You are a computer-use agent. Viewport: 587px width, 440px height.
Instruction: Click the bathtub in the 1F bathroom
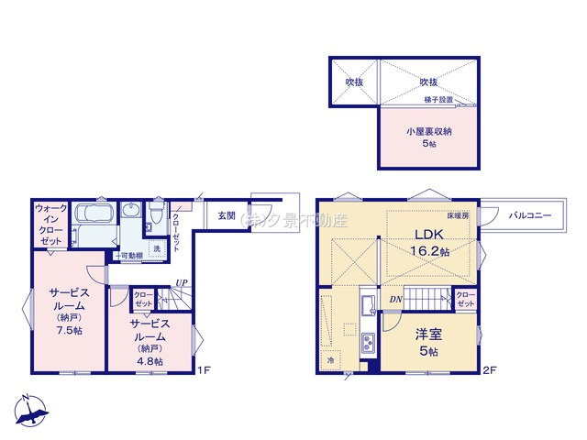click(x=93, y=219)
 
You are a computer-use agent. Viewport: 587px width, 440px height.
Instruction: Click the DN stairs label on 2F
click(x=393, y=298)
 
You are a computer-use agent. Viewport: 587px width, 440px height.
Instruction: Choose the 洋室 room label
click(x=428, y=335)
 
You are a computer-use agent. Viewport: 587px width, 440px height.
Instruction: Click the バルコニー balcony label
click(x=529, y=215)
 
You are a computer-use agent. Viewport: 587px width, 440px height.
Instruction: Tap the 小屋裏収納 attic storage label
click(x=429, y=130)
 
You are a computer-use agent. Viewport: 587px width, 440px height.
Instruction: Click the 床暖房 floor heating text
click(x=459, y=214)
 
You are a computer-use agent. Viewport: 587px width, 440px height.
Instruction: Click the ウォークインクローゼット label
click(x=50, y=224)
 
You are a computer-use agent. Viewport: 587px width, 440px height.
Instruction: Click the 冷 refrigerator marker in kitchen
click(x=330, y=362)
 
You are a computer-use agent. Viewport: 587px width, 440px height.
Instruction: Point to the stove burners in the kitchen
click(x=368, y=344)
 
